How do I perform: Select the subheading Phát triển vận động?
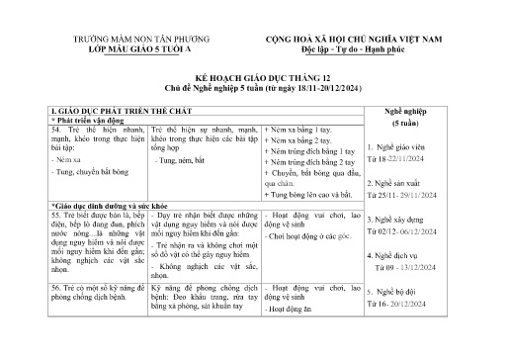(85, 119)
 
